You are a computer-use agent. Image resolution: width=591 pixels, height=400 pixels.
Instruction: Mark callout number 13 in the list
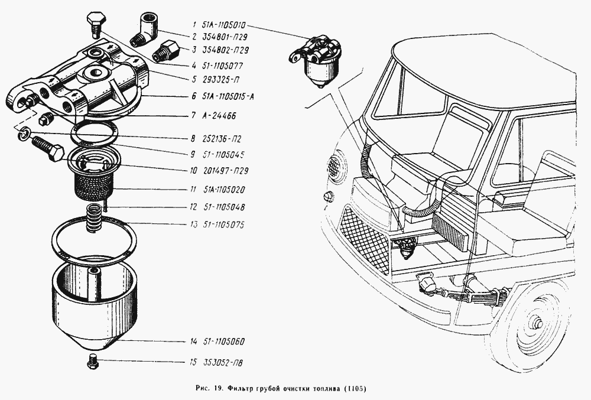point(193,225)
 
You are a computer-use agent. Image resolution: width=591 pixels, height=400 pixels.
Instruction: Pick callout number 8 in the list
point(193,139)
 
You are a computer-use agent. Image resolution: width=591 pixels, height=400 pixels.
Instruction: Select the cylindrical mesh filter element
point(93,183)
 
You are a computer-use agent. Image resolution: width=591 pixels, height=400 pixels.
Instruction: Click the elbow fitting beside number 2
point(146,28)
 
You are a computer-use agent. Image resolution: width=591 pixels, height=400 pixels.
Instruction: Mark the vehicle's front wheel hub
point(539,324)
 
